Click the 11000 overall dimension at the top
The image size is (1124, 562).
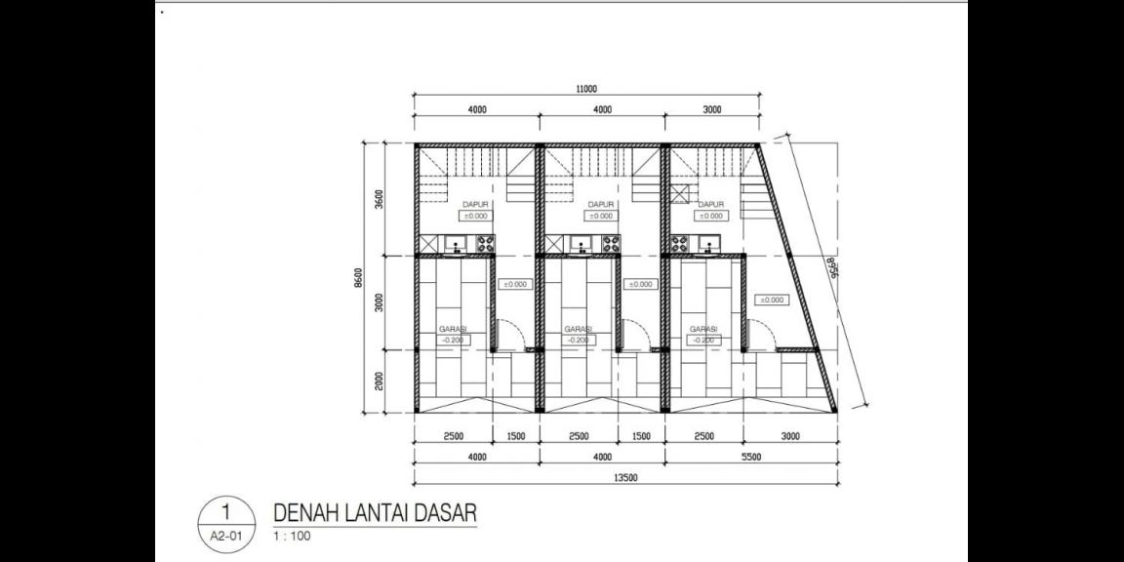point(586,89)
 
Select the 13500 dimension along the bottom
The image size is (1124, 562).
point(624,478)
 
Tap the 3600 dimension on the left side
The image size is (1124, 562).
point(380,199)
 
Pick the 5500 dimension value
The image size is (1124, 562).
point(750,456)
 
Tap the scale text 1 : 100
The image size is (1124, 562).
point(292,536)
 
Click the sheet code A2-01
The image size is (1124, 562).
point(225,536)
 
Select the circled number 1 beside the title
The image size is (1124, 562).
point(225,511)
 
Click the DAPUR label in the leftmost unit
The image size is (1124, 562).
point(475,204)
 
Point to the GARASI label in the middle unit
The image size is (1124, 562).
point(578,329)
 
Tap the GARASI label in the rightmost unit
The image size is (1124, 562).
point(703,329)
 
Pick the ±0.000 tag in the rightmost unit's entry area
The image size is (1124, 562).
point(771,300)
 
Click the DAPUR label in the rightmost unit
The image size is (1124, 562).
point(711,204)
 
